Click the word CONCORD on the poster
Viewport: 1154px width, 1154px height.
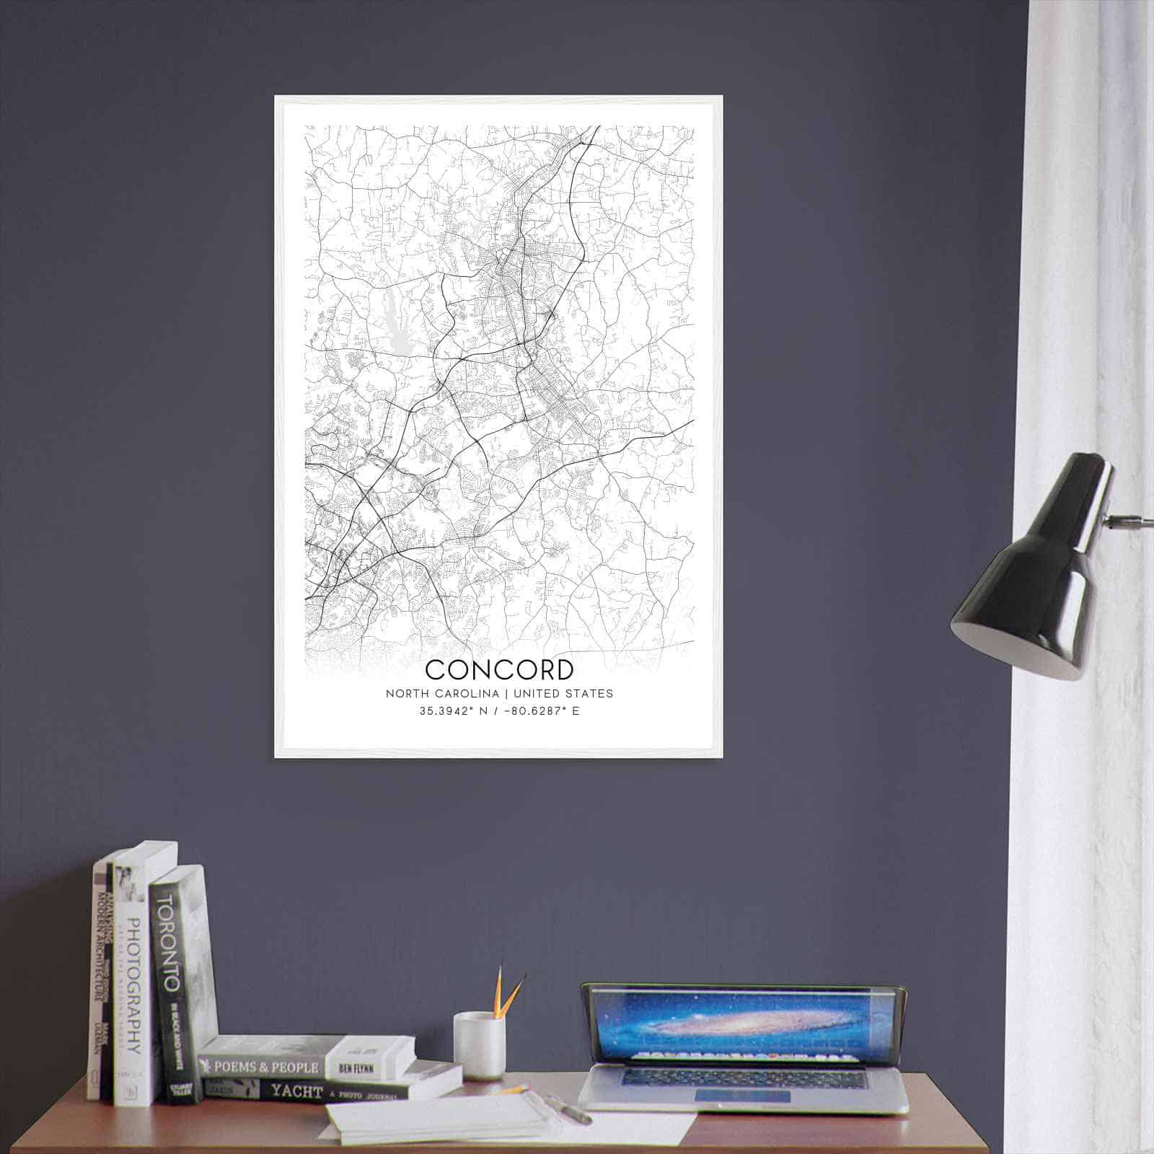pyautogui.click(x=499, y=669)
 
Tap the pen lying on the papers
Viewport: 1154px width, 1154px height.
pyautogui.click(x=570, y=1110)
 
